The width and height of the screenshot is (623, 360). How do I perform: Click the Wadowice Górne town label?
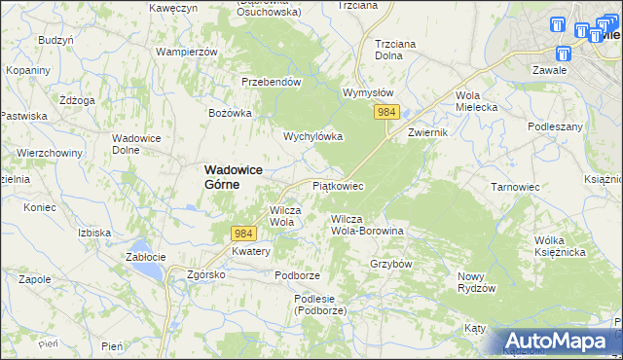pyautogui.click(x=235, y=175)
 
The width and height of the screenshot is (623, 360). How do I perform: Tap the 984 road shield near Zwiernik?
pyautogui.click(x=386, y=114)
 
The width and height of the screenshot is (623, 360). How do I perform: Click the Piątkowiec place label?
pyautogui.click(x=337, y=185)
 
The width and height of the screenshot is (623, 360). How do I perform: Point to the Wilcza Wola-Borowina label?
pyautogui.click(x=367, y=225)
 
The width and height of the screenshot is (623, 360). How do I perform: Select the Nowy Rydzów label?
pyautogui.click(x=477, y=282)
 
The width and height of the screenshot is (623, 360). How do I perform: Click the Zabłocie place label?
pyautogui.click(x=148, y=257)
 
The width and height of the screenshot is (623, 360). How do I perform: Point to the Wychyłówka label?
pyautogui.click(x=313, y=136)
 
